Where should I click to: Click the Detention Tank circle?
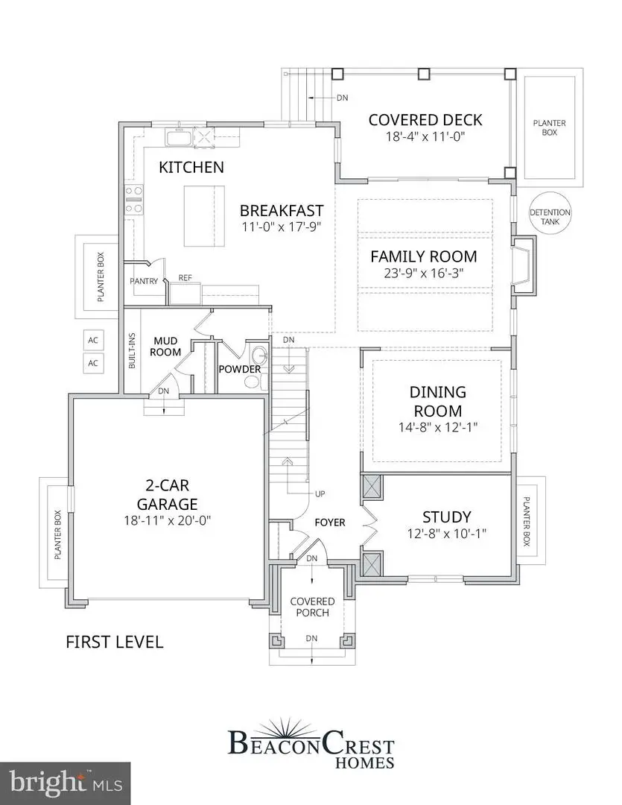[x=550, y=216]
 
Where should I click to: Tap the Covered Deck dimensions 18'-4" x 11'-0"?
[x=425, y=137]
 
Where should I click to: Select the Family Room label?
[x=424, y=256]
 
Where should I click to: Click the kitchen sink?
[x=180, y=138]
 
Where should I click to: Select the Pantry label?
[x=143, y=282]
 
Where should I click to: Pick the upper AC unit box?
[x=94, y=340]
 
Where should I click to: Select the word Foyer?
[x=329, y=522]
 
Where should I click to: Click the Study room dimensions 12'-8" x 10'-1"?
[x=446, y=534]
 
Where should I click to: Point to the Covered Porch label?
[x=312, y=607]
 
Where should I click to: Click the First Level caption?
[x=114, y=642]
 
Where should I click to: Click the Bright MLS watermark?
[x=66, y=783]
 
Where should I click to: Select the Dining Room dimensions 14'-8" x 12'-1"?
[x=437, y=428]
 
